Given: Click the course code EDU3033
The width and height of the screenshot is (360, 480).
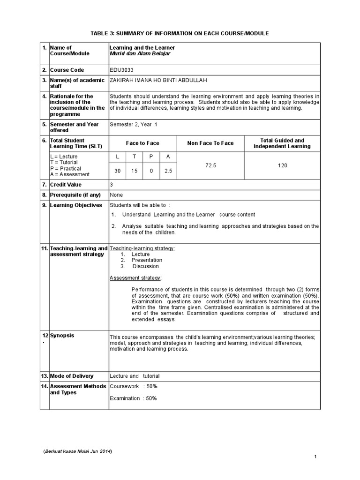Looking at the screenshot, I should point(121,70).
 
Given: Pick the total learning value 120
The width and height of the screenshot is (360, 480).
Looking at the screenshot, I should point(282,165).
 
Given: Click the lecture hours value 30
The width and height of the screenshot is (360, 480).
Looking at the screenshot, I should point(117,172).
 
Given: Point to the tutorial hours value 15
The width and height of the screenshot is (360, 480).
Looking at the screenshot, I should point(134,172).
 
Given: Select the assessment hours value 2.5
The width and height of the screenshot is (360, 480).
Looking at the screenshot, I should point(168,172).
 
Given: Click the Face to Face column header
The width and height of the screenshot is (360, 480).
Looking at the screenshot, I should point(142,143).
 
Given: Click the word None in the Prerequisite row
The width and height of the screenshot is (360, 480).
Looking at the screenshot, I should point(116,194).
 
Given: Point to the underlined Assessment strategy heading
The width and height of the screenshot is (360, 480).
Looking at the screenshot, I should point(135,277).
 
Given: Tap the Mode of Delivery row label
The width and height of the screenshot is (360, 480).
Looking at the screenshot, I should point(72,376).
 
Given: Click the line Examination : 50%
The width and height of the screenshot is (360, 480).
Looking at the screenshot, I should point(133,398).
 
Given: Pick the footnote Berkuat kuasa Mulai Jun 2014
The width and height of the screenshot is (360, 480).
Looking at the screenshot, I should point(78,451).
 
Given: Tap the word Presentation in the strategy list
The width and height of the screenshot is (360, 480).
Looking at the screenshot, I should point(147,260).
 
